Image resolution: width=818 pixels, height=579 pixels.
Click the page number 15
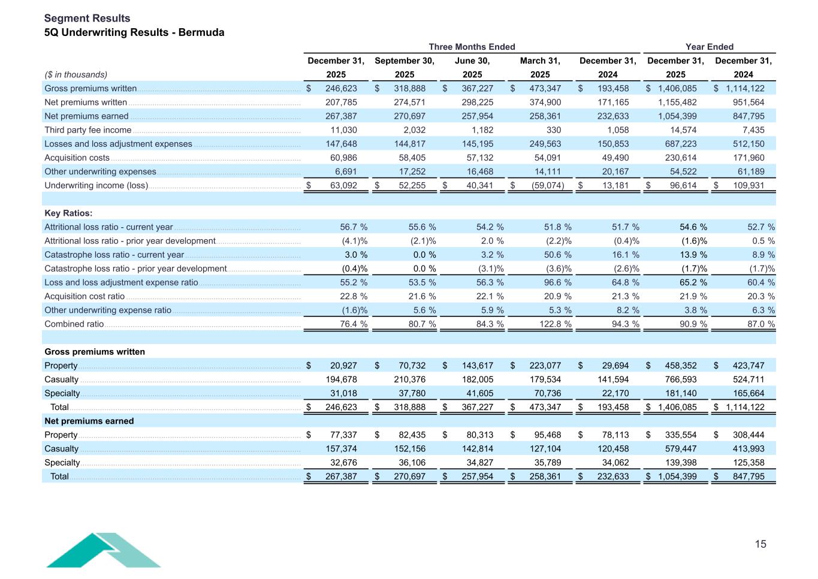click(760, 544)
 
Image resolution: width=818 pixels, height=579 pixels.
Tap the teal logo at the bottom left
click(103, 550)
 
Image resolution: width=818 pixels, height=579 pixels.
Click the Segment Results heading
click(87, 19)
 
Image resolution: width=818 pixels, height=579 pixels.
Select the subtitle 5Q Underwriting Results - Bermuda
click(134, 32)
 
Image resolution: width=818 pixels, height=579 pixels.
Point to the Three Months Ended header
click(472, 47)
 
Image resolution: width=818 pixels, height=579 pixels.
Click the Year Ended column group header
click(710, 47)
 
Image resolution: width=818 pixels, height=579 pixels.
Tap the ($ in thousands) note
click(76, 75)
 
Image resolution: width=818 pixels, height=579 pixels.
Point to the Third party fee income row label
click(87, 130)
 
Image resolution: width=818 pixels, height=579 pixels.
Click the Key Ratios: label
click(68, 213)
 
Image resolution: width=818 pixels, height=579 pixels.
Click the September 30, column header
click(405, 61)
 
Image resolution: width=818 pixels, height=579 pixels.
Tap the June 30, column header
click(472, 61)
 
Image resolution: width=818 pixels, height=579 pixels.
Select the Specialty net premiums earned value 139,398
click(677, 463)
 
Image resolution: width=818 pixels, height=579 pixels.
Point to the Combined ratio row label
click(74, 324)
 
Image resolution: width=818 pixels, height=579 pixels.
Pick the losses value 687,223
click(677, 144)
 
